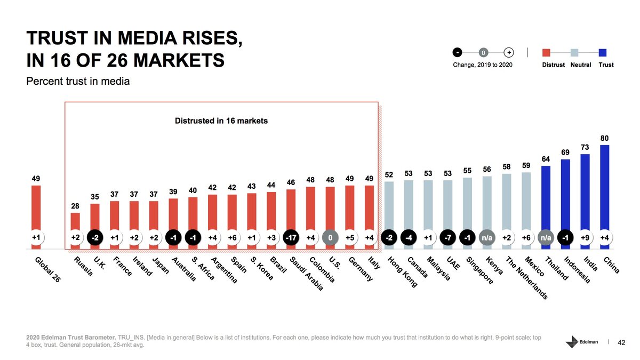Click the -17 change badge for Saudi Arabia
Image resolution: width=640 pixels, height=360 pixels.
click(x=291, y=237)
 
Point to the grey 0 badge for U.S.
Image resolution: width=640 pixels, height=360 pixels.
click(x=330, y=237)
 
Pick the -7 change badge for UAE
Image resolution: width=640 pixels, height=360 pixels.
click(x=447, y=237)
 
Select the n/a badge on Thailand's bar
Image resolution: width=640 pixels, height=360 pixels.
click(x=546, y=237)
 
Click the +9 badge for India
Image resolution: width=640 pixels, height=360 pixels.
click(x=585, y=237)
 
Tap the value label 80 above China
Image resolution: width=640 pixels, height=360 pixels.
click(x=604, y=138)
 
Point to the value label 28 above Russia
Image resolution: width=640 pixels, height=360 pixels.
click(x=75, y=206)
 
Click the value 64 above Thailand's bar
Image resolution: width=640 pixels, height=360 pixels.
click(x=546, y=159)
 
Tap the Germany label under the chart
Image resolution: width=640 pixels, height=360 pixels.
click(x=361, y=269)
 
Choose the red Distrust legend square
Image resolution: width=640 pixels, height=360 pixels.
click(x=546, y=52)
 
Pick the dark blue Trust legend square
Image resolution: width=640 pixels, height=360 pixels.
click(x=603, y=52)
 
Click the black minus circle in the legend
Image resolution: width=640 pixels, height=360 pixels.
click(x=457, y=52)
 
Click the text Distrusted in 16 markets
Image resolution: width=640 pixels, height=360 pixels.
click(x=221, y=121)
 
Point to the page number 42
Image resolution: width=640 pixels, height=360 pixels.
click(x=621, y=342)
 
